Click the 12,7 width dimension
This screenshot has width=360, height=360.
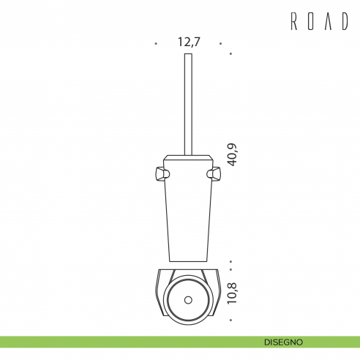(189, 42)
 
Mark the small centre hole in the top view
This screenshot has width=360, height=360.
(188, 300)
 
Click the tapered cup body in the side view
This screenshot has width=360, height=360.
(188, 212)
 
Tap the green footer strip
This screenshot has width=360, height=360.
(110, 342)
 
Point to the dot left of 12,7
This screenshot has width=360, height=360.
(156, 44)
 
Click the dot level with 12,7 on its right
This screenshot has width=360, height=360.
(222, 44)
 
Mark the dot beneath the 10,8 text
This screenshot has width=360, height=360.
(230, 320)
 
